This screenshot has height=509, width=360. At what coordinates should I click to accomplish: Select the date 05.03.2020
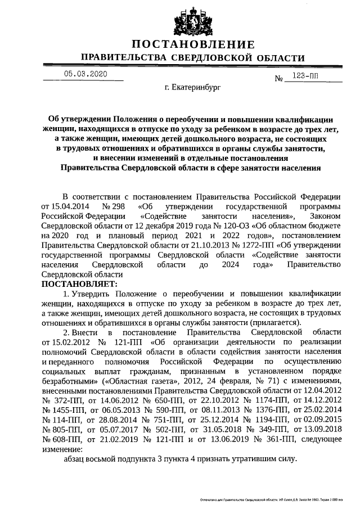click(x=84, y=74)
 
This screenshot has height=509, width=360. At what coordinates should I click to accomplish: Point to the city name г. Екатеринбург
click(x=193, y=88)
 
